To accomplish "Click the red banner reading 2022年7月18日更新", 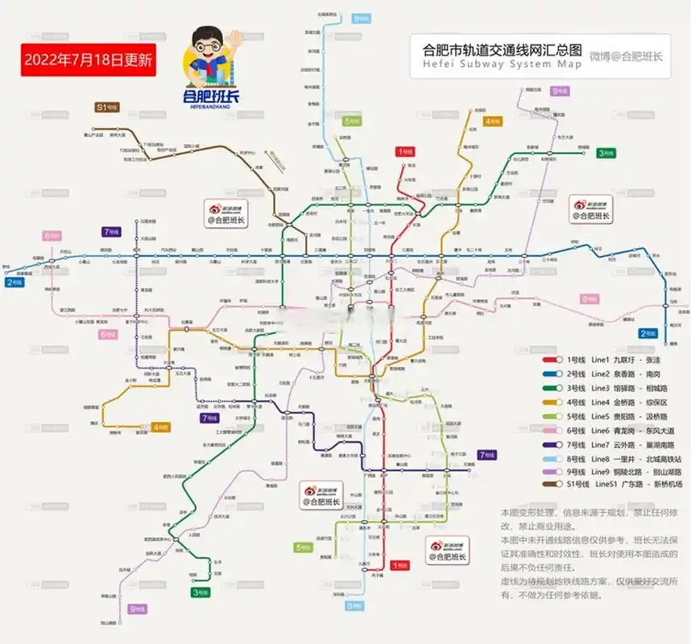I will pos(88,60).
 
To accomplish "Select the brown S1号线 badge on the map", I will pos(107,106).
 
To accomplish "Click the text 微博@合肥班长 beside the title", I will pos(626,56).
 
